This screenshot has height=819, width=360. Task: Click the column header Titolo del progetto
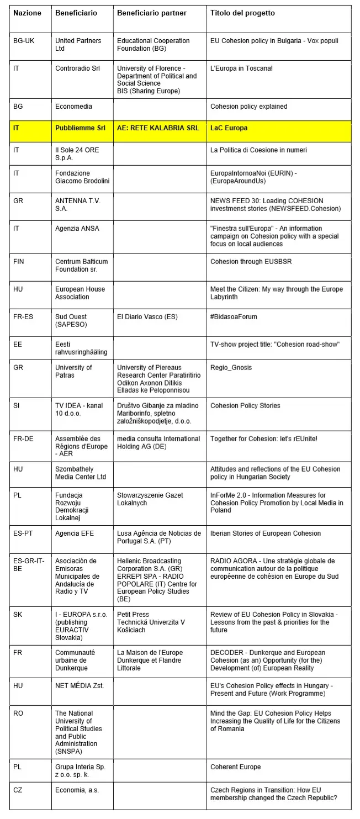coord(242,13)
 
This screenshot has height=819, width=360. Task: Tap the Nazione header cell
coord(27,13)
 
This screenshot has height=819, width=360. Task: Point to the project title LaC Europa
coord(229,128)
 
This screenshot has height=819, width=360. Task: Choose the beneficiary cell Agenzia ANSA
coord(77,229)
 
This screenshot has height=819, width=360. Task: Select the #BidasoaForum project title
coord(234,317)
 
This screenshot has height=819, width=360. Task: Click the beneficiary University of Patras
coord(73,372)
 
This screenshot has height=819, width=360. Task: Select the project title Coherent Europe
coord(236,767)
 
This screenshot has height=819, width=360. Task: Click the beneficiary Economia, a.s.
coord(77,790)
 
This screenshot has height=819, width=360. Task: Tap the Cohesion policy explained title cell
coord(249,107)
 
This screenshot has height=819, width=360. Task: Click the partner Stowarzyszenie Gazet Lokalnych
coord(150,499)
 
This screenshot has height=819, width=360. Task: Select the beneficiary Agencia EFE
coord(76,533)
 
